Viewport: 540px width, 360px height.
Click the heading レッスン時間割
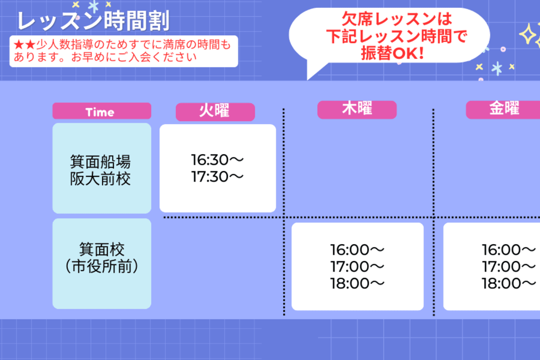pyautogui.click(x=93, y=21)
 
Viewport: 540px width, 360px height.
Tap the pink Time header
pyautogui.click(x=102, y=111)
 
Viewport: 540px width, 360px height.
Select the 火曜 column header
pyautogui.click(x=215, y=112)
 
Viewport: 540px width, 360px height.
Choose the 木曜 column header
pyautogui.click(x=357, y=109)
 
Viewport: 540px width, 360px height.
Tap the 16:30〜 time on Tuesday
pyautogui.click(x=217, y=160)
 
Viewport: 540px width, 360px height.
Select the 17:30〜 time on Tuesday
pyautogui.click(x=217, y=177)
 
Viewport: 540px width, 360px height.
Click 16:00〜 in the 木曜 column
pyautogui.click(x=357, y=250)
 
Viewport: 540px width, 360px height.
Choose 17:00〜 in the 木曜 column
pyautogui.click(x=357, y=267)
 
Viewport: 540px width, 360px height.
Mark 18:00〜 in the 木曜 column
pyautogui.click(x=357, y=284)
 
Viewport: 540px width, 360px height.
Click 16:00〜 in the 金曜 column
pyautogui.click(x=508, y=250)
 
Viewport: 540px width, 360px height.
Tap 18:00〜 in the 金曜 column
pyautogui.click(x=508, y=284)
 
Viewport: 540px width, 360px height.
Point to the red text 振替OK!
pyautogui.click(x=392, y=53)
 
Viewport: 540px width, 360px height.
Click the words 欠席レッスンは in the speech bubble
pyautogui.click(x=397, y=19)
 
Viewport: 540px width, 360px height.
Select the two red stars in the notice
pyautogui.click(x=24, y=44)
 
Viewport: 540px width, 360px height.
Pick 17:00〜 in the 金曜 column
pyautogui.click(x=508, y=267)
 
